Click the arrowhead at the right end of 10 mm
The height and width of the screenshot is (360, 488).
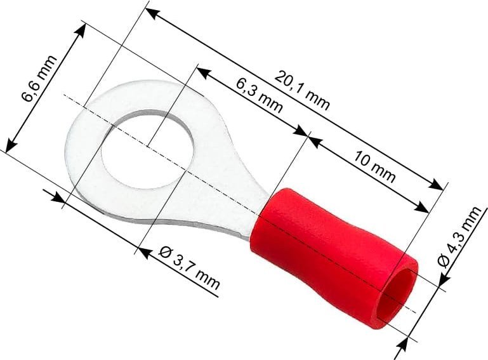pyautogui.click(x=423, y=209)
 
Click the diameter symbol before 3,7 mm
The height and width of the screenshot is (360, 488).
pyautogui.click(x=163, y=252)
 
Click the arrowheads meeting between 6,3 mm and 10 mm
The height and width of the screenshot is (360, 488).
pyautogui.click(x=307, y=135)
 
